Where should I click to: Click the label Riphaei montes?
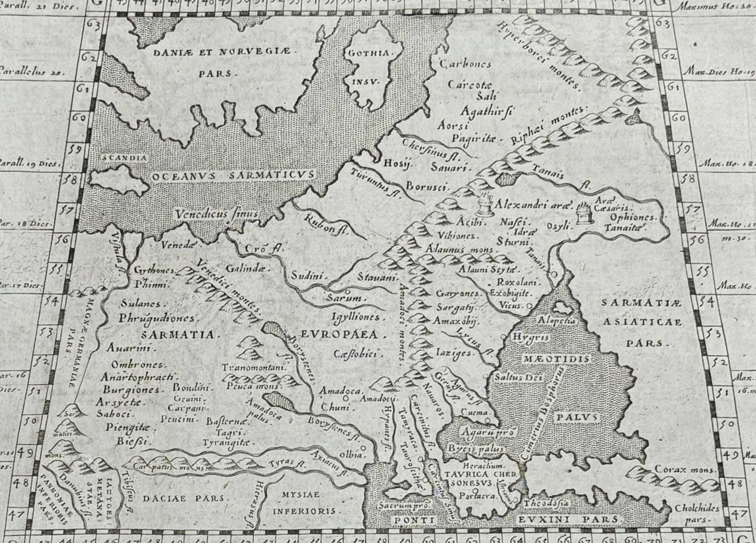(x=548, y=127)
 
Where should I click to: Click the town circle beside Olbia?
(x=363, y=448)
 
